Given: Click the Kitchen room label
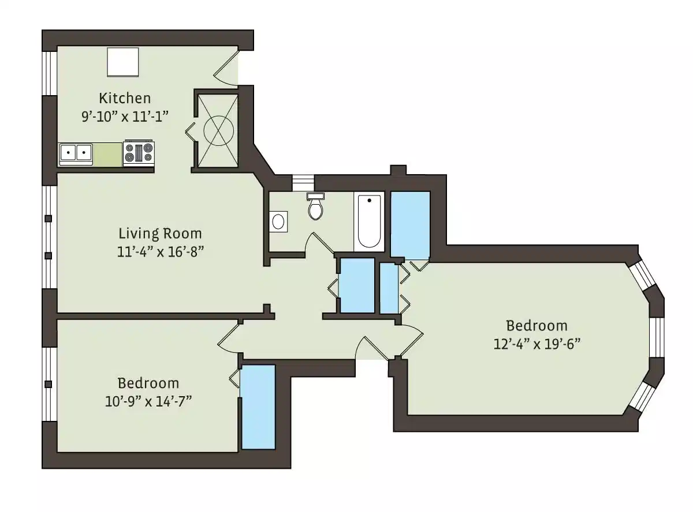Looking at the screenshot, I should tap(125, 97).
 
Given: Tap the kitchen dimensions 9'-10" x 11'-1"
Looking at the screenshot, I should tap(125, 115).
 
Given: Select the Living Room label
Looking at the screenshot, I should tap(160, 234).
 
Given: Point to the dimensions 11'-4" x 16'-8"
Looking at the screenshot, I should tap(160, 251).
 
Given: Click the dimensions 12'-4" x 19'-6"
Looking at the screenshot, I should tap(536, 344).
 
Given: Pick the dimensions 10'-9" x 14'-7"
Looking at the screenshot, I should tap(148, 401).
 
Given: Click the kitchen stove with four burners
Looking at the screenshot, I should tap(139, 153).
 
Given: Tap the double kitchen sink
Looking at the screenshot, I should tap(76, 153).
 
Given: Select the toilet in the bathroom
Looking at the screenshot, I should tap(315, 208).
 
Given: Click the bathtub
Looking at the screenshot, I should tap(369, 221).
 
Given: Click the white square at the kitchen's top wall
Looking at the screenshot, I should tap(123, 62).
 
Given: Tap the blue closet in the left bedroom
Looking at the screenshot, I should tap(258, 406).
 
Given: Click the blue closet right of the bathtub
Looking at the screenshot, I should tap(410, 224).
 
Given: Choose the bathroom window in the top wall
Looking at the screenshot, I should tap(301, 182).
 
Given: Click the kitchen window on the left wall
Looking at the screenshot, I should tap(50, 73).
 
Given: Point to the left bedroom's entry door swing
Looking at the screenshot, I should tap(229, 336).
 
